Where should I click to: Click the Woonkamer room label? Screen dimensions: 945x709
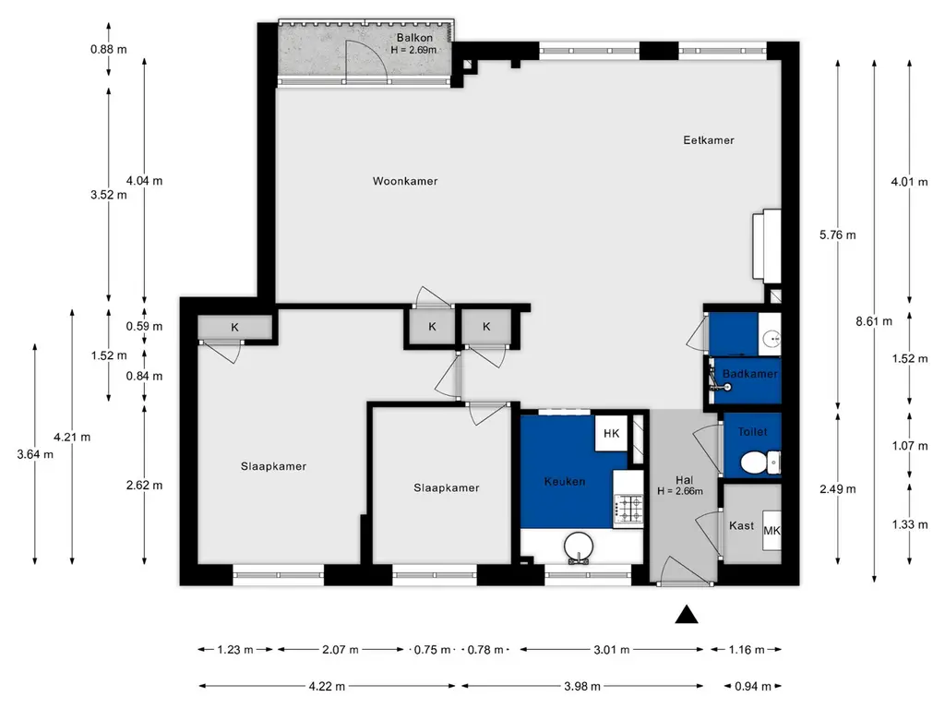405,181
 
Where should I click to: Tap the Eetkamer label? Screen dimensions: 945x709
709,140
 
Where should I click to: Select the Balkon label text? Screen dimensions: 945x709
414,37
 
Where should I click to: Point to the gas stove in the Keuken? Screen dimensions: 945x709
628,509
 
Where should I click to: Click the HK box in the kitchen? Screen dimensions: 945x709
611,433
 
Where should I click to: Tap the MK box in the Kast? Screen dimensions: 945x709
772,531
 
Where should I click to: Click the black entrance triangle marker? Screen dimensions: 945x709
687,614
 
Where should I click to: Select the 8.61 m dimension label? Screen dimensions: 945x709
874,321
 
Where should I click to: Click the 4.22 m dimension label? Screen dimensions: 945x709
328,686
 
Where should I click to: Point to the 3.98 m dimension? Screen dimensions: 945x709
582,686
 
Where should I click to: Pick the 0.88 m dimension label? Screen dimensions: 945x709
109,50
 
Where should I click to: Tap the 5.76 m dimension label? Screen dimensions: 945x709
838,235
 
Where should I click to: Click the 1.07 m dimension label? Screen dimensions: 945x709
910,446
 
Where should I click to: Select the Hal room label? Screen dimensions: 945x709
684,480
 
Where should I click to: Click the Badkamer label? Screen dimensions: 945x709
749,374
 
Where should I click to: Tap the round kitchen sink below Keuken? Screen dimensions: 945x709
579,547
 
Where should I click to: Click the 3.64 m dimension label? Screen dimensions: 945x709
35,454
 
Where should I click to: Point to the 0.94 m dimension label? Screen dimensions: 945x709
753,686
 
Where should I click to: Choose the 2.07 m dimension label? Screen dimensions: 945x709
341,649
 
